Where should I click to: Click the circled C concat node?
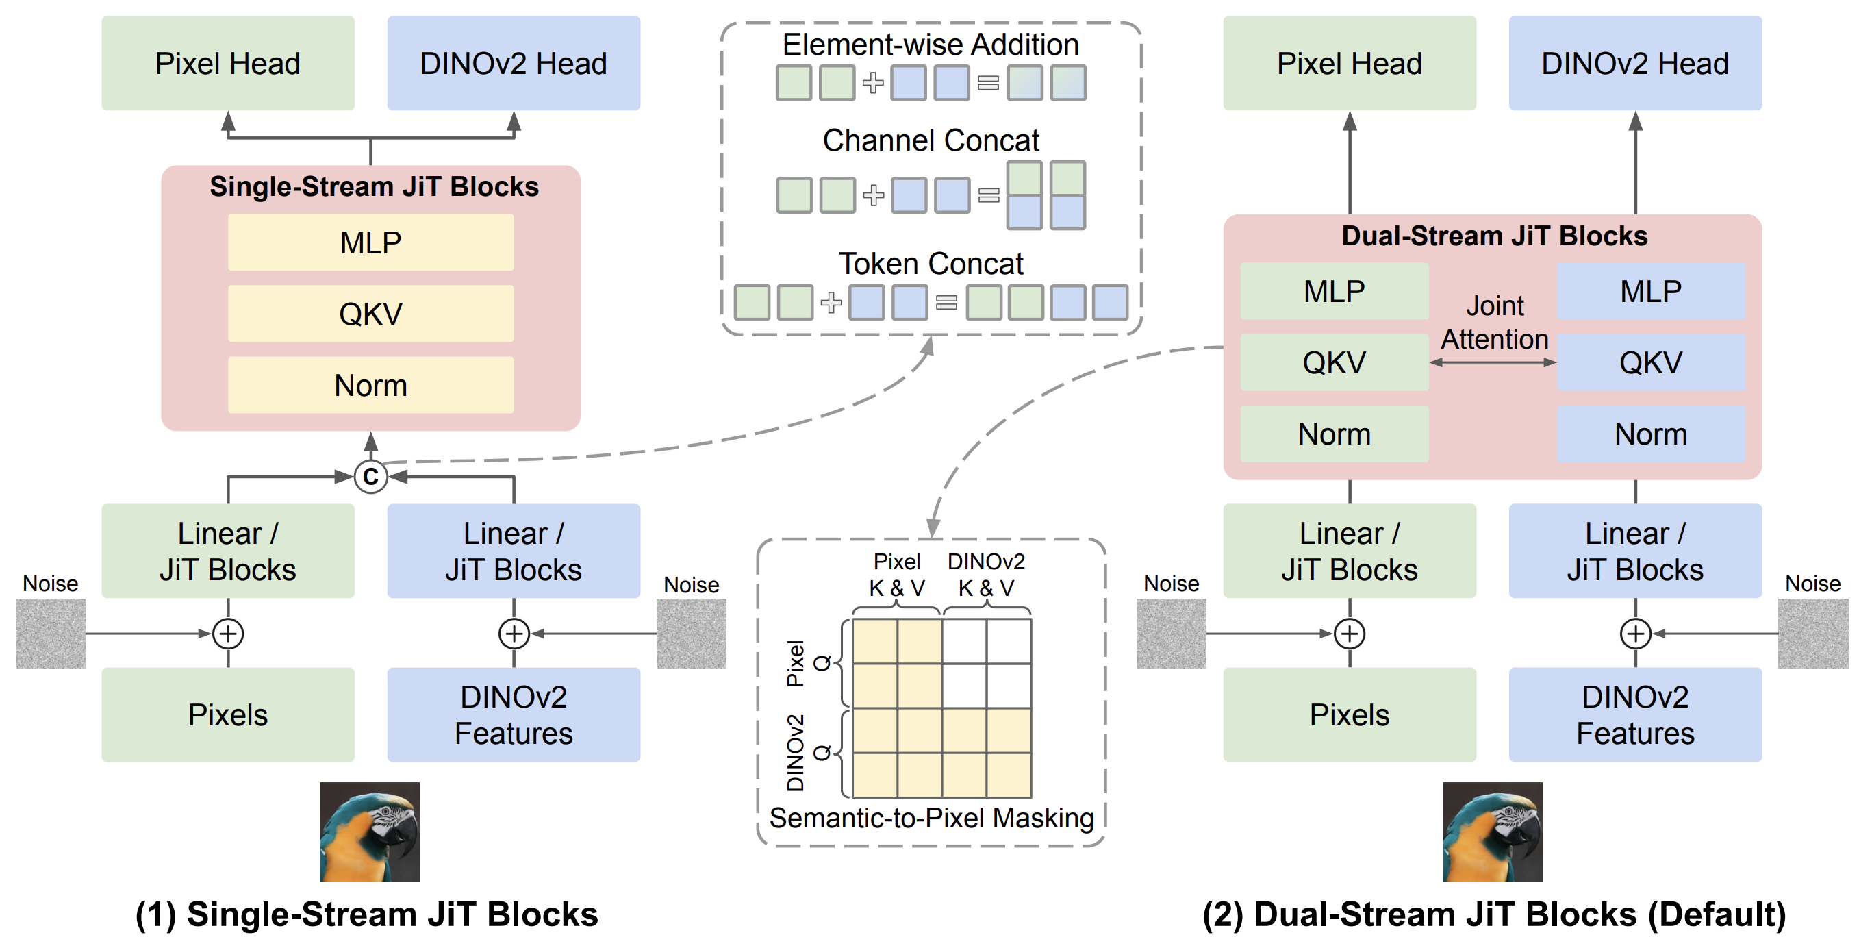370,477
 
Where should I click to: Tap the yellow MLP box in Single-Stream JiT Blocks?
370,242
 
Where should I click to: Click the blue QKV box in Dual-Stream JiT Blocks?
1651,362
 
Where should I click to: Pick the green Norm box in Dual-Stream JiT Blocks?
1335,434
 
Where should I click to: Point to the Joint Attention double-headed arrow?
1493,362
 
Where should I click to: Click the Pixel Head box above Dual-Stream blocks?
1350,63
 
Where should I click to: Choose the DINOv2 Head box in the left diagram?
514,63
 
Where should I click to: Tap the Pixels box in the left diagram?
228,714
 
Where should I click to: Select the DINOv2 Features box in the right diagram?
1635,714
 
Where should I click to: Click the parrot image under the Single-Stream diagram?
369,832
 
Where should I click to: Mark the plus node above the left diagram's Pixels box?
228,633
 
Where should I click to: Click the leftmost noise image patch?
51,633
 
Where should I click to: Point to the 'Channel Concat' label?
931,140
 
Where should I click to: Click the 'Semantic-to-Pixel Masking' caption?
932,818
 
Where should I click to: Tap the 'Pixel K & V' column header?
897,574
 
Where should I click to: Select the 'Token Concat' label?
931,263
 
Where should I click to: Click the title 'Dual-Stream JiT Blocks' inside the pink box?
1494,236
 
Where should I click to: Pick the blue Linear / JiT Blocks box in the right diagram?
1635,551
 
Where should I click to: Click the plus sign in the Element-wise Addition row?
873,83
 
